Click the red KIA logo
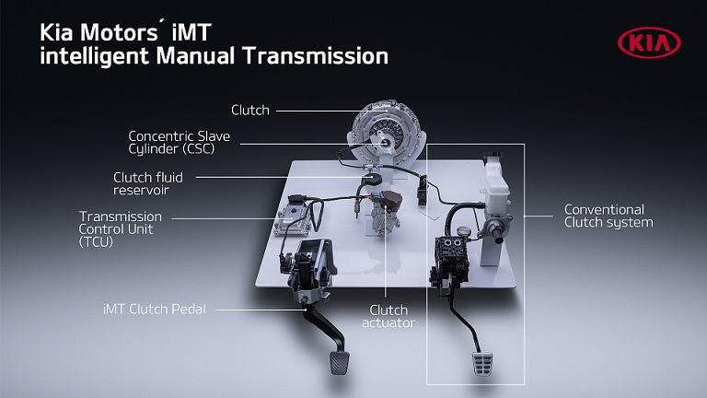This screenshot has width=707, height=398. click(649, 43)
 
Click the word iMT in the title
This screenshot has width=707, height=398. click(191, 32)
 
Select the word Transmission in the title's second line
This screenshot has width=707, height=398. click(315, 56)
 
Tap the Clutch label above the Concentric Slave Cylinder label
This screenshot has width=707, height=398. click(250, 111)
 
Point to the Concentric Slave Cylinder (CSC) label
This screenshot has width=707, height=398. click(179, 143)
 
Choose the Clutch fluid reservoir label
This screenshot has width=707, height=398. click(148, 183)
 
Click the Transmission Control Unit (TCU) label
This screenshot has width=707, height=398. click(120, 229)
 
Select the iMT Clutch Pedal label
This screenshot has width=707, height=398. click(155, 310)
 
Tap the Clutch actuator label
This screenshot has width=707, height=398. click(388, 316)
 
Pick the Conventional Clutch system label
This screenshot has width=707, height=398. click(608, 216)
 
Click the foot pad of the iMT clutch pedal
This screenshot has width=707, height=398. click(339, 363)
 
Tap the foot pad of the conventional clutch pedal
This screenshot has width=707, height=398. click(482, 364)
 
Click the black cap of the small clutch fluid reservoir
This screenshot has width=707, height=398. click(374, 179)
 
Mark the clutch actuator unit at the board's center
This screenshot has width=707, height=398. click(386, 211)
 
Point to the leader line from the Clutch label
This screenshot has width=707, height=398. click(331, 111)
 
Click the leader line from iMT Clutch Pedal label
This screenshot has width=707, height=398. click(261, 310)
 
